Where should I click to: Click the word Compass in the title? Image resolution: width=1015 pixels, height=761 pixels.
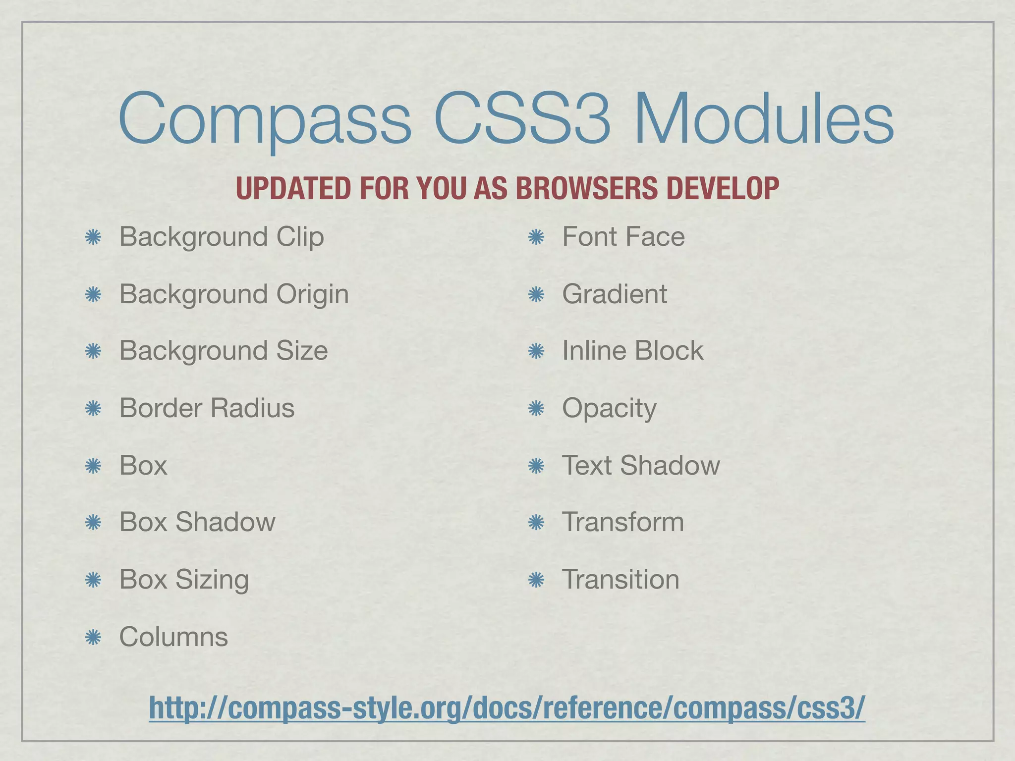(x=265, y=119)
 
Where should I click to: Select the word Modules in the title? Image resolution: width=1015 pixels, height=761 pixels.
(x=764, y=119)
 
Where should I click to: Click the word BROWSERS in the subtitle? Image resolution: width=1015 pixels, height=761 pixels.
(x=587, y=188)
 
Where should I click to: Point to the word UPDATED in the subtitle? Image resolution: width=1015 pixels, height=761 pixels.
(x=294, y=188)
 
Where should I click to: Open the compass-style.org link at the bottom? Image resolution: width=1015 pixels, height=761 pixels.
(x=507, y=707)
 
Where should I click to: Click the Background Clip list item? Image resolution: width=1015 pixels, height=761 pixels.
(x=222, y=237)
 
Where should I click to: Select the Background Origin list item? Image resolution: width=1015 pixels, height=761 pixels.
(x=234, y=294)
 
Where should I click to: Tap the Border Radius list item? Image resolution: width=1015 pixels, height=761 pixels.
(x=207, y=408)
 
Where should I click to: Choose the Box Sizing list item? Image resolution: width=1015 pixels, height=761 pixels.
(x=184, y=580)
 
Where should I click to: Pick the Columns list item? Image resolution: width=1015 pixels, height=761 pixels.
(x=173, y=637)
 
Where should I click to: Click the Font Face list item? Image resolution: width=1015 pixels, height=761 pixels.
(x=623, y=237)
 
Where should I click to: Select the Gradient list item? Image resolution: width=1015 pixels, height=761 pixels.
(x=615, y=294)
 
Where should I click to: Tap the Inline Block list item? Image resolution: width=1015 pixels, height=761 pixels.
(x=632, y=351)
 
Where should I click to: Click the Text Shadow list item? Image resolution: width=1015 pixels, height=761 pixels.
(x=640, y=466)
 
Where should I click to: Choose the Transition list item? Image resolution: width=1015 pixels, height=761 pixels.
(x=620, y=580)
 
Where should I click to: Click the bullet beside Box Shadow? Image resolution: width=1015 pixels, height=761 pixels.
(x=93, y=523)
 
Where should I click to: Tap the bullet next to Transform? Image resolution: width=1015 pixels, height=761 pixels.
(x=536, y=523)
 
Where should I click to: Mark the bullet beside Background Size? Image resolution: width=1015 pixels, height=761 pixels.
(x=93, y=352)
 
